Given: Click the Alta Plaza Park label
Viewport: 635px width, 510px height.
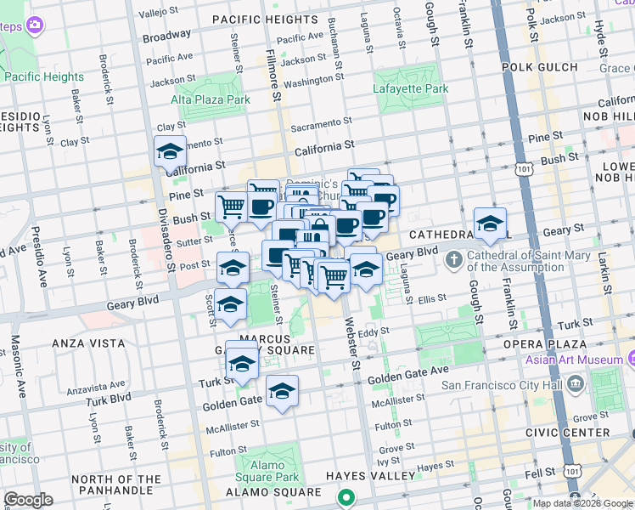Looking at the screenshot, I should click(x=211, y=99).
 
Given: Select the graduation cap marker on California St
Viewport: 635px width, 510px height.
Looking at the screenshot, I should click(x=170, y=152).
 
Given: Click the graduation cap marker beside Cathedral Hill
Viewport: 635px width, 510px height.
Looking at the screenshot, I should click(x=489, y=224).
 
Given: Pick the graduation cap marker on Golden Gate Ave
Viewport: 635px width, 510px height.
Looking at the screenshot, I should click(x=282, y=391).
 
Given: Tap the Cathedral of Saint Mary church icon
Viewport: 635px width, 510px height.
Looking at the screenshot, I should click(x=454, y=258).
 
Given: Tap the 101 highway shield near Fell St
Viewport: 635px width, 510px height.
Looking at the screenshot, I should click(x=574, y=470).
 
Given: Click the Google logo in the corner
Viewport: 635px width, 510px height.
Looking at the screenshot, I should click(x=28, y=500).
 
